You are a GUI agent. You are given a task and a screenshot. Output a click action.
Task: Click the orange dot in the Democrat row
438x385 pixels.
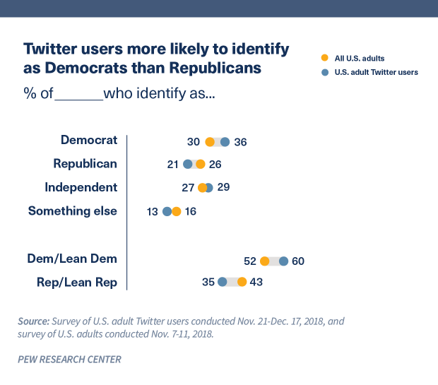(210, 141)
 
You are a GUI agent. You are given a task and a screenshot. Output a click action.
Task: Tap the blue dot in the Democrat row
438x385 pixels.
(225, 141)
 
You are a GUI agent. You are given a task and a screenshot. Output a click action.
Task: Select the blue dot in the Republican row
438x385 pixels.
(188, 165)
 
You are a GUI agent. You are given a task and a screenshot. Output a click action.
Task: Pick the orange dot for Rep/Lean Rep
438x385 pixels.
(242, 283)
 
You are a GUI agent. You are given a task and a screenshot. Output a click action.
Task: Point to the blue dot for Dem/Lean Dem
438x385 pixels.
(283, 261)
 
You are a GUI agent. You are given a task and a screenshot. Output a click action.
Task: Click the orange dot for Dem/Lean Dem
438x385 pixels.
(264, 261)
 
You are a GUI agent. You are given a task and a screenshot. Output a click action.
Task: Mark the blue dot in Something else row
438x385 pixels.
(167, 211)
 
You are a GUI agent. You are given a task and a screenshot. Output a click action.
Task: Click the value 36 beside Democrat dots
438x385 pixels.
(240, 142)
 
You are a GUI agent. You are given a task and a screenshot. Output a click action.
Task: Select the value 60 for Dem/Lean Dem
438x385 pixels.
(297, 261)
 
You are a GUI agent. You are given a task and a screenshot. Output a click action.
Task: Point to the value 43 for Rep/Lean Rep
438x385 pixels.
(256, 283)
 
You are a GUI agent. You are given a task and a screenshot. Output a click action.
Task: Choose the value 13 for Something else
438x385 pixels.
(153, 211)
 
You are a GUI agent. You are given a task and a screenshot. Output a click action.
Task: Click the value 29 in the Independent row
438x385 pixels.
(224, 187)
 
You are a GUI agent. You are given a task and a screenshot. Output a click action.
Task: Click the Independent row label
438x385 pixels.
(81, 187)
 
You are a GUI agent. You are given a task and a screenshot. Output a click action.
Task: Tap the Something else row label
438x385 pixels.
(72, 211)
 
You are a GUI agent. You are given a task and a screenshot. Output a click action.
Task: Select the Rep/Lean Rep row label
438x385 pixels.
(76, 283)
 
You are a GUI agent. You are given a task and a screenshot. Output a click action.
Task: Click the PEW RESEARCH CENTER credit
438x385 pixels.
(69, 360)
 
